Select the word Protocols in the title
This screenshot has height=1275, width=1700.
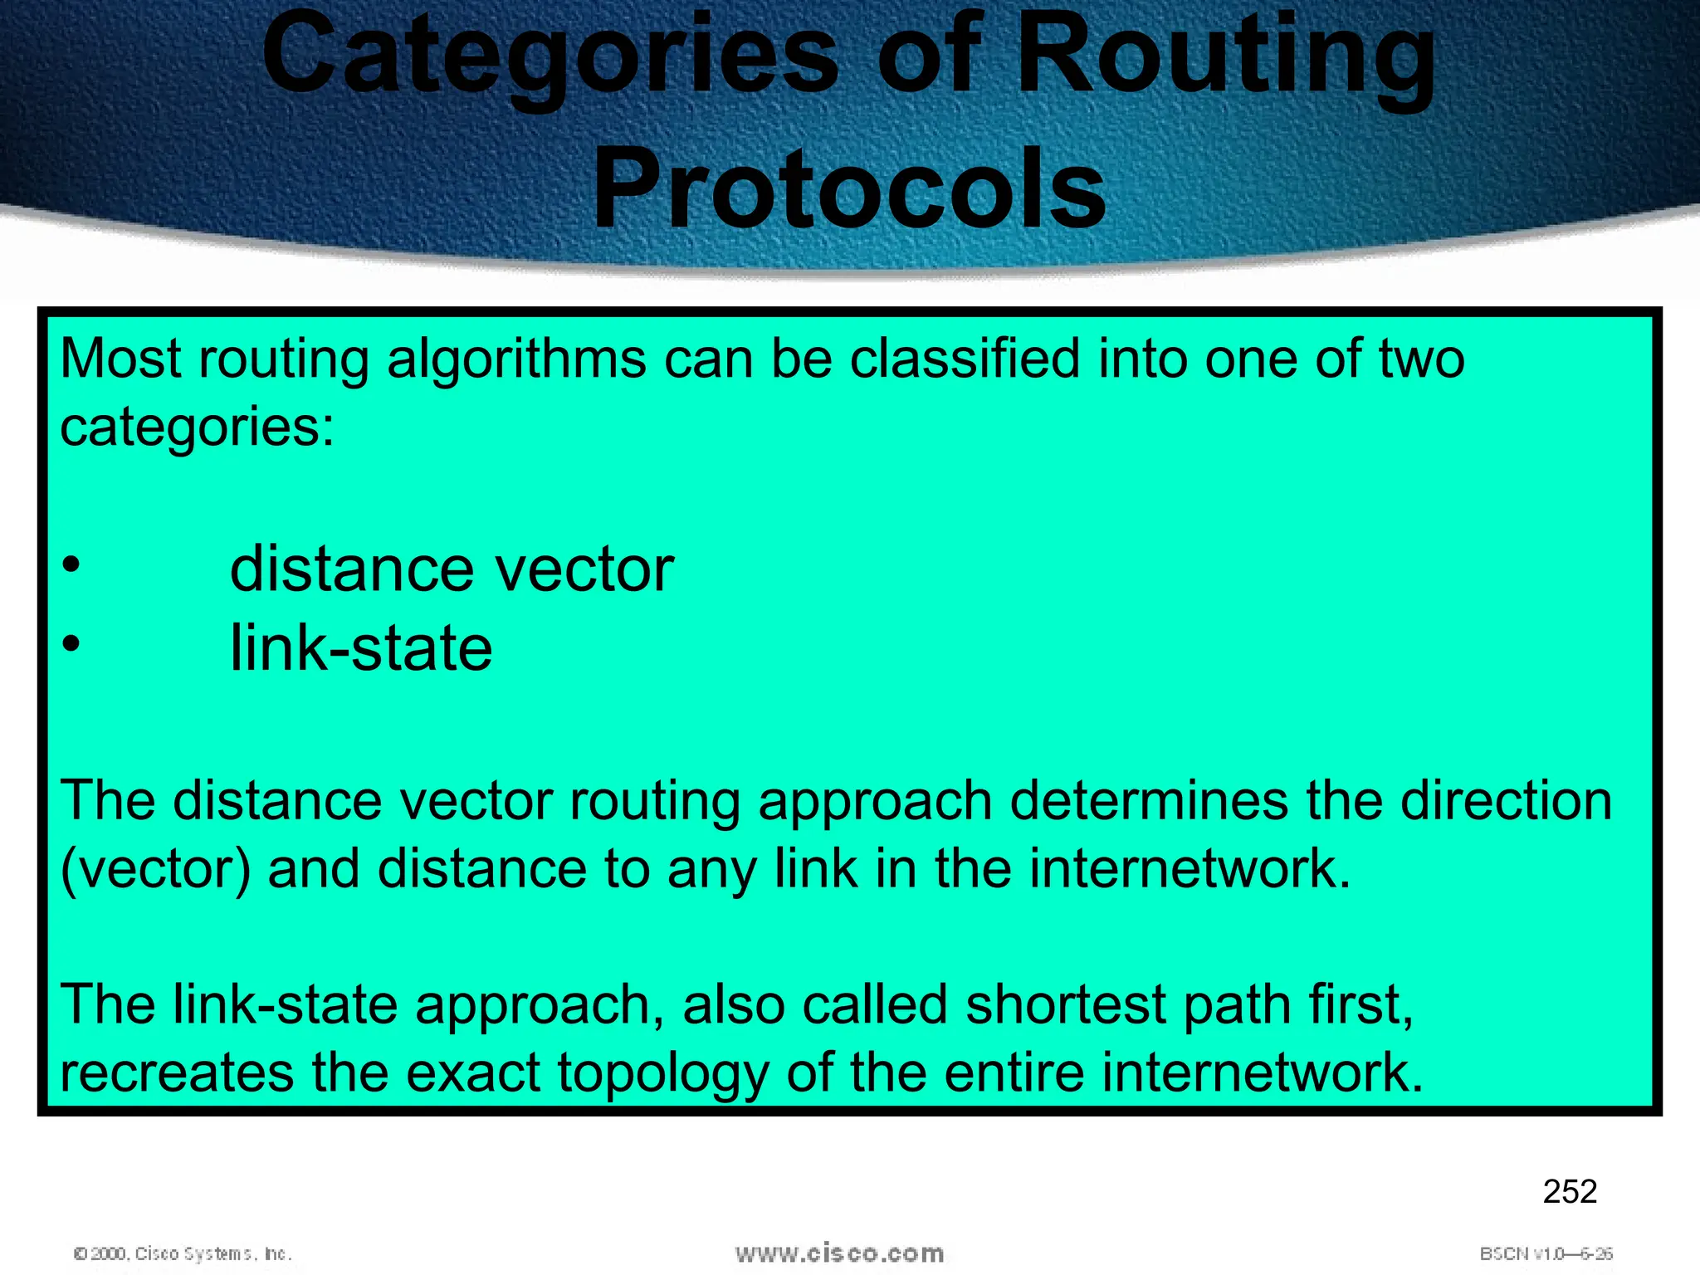(x=849, y=189)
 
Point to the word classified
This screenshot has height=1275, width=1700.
(x=965, y=359)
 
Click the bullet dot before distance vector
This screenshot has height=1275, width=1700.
(x=71, y=565)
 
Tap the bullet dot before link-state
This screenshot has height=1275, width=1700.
(x=71, y=643)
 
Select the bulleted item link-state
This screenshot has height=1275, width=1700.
(x=361, y=648)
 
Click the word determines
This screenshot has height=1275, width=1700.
(x=1149, y=801)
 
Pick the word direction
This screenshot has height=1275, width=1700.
(x=1506, y=801)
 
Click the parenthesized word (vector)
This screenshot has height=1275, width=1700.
(x=155, y=870)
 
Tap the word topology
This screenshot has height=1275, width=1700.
(x=662, y=1072)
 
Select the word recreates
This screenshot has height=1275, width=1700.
(x=177, y=1072)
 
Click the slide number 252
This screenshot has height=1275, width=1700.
(x=1570, y=1192)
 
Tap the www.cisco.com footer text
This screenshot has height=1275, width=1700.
(x=839, y=1253)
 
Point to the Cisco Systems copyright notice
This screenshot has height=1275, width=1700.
(x=183, y=1253)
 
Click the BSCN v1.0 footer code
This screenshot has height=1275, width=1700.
(x=1546, y=1253)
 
